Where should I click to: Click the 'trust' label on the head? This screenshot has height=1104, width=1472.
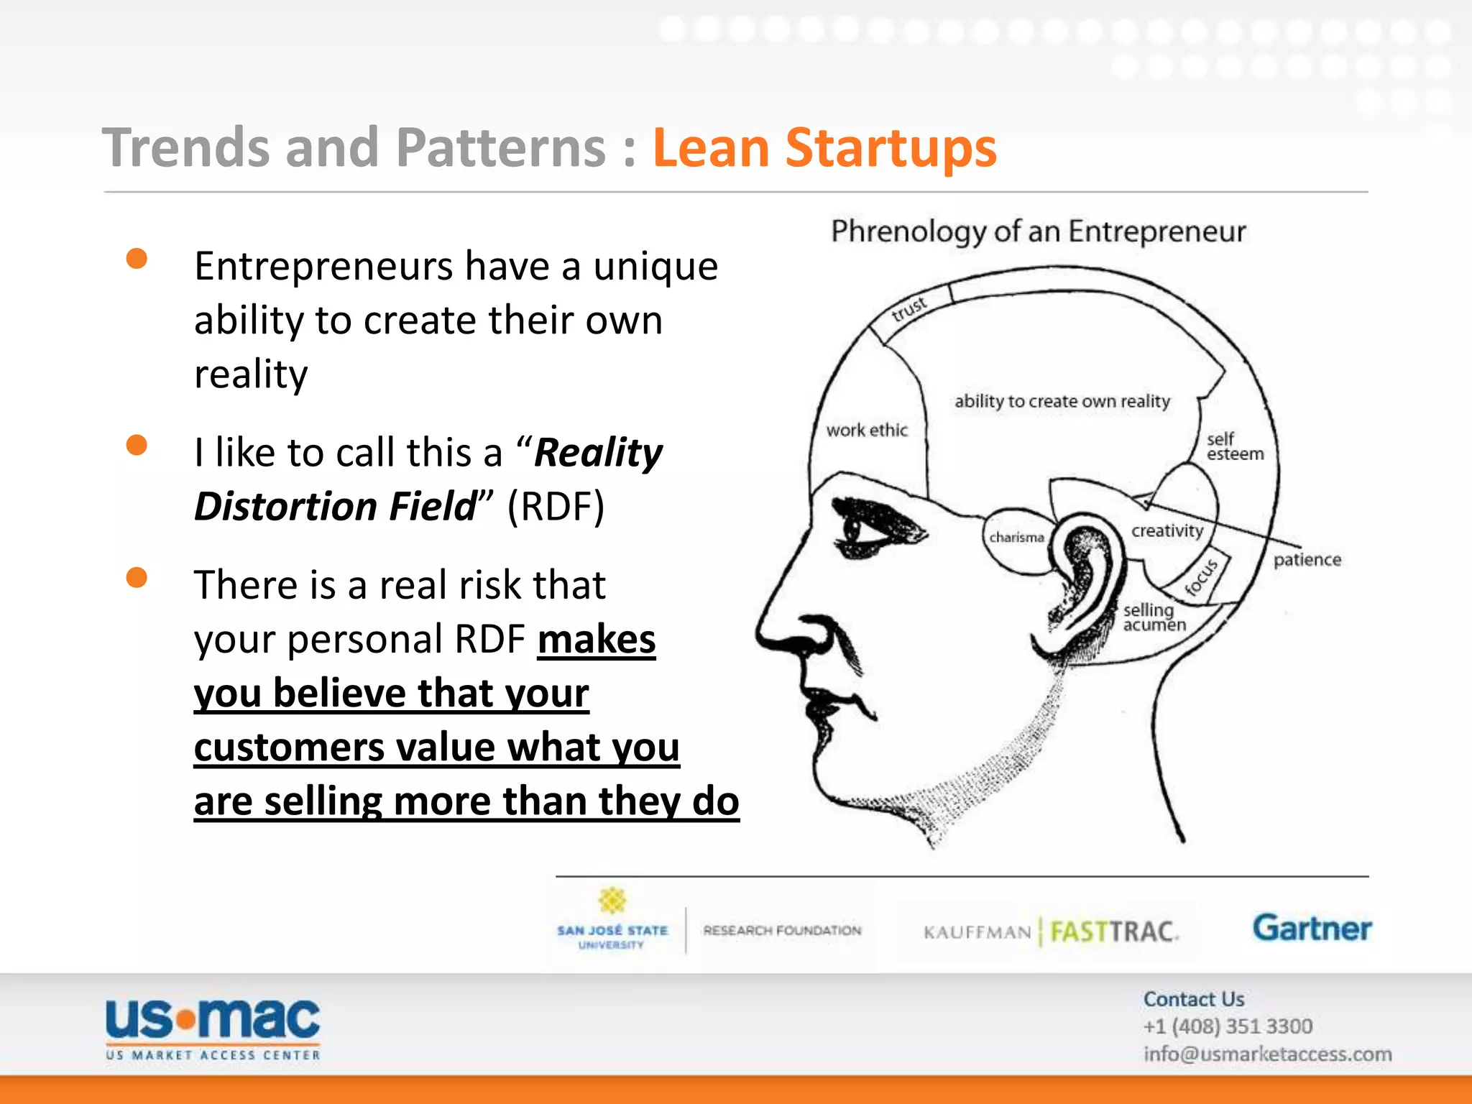pyautogui.click(x=910, y=308)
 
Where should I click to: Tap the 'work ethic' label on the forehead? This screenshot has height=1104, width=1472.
pyautogui.click(x=867, y=430)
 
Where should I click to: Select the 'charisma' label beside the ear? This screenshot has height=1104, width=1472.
pyautogui.click(x=1016, y=538)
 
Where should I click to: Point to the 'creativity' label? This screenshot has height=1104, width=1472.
pyautogui.click(x=1167, y=531)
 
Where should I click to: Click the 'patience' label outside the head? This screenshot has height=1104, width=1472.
pyautogui.click(x=1307, y=560)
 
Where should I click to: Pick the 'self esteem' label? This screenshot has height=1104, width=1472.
pyautogui.click(x=1234, y=446)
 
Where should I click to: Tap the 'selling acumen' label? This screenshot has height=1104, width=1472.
pyautogui.click(x=1154, y=617)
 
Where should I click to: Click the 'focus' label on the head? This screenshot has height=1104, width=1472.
pyautogui.click(x=1202, y=577)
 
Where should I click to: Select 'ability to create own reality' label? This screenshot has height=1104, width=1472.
pyautogui.click(x=1062, y=401)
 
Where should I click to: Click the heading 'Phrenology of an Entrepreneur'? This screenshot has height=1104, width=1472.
pyautogui.click(x=1039, y=231)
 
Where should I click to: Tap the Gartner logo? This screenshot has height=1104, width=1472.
pyautogui.click(x=1312, y=928)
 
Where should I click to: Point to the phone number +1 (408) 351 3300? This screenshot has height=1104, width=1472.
pyautogui.click(x=1228, y=1026)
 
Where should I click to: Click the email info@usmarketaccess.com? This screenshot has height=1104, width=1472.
pyautogui.click(x=1267, y=1054)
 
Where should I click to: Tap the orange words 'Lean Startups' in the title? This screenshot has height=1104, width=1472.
pyautogui.click(x=824, y=148)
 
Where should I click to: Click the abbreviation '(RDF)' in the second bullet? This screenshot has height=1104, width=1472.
pyautogui.click(x=556, y=506)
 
